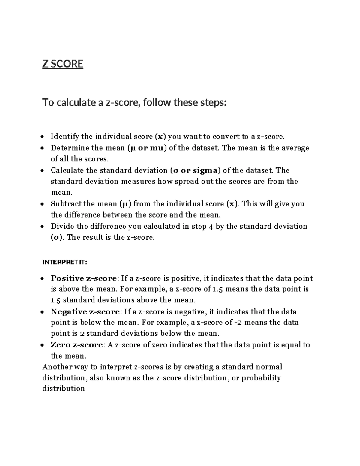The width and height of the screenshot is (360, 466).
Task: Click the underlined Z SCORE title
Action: click(63, 64)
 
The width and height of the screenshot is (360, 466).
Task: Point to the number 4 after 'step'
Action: click(211, 227)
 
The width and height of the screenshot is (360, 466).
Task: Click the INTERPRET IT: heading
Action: click(65, 263)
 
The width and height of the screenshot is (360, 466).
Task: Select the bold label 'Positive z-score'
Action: click(83, 278)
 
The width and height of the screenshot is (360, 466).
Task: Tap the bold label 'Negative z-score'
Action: click(85, 312)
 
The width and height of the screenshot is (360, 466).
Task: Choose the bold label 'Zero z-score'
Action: click(77, 345)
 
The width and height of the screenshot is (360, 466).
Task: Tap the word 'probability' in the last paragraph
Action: click(261, 378)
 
